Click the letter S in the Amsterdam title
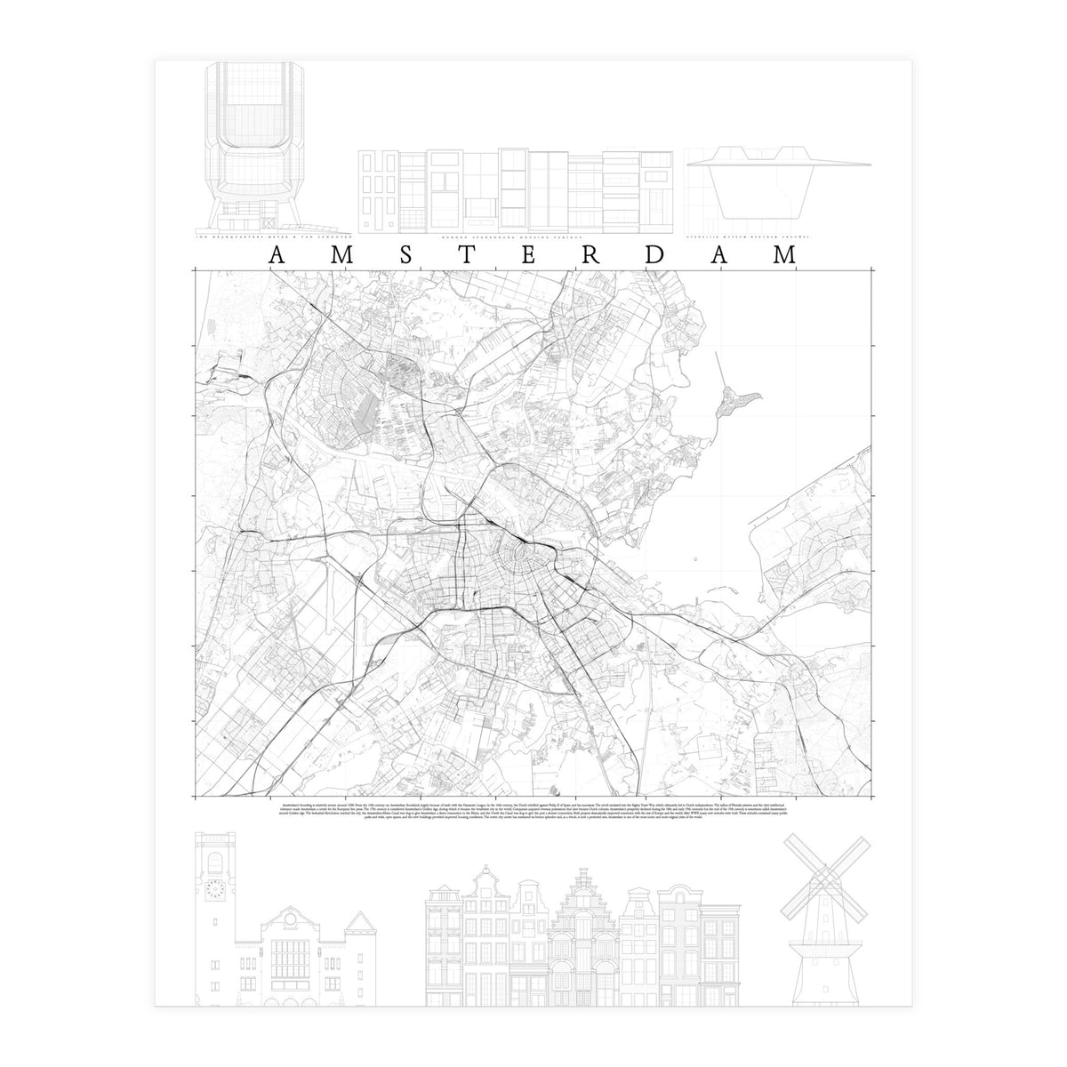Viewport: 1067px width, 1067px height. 405,255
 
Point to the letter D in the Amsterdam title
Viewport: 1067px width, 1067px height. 654,255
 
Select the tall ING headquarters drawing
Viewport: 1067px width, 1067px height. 247,147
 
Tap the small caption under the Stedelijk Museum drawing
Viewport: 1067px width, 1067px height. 745,237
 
